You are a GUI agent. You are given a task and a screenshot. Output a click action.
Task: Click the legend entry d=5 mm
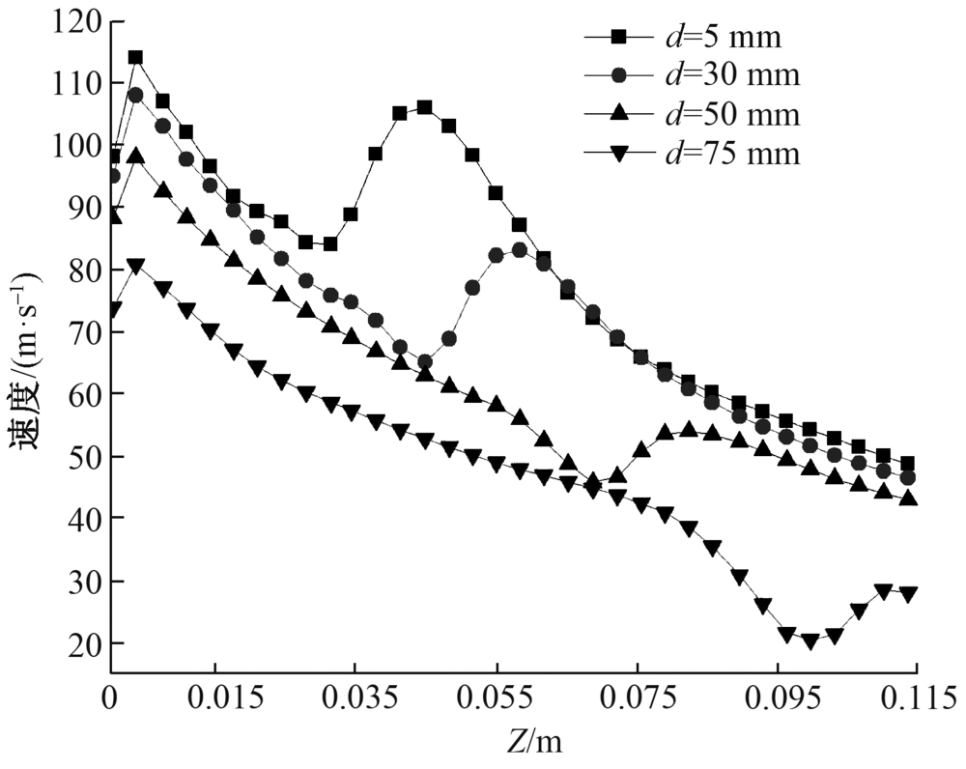click(x=690, y=39)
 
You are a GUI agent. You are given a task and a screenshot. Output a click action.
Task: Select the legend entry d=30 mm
click(x=690, y=76)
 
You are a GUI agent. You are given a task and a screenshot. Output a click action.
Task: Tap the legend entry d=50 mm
click(x=690, y=115)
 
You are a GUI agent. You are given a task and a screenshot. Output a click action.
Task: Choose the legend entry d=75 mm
click(x=690, y=154)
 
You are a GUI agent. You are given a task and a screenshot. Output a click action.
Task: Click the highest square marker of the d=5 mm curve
click(x=135, y=57)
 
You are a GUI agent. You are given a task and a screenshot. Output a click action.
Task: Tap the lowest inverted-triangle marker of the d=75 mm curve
click(x=810, y=641)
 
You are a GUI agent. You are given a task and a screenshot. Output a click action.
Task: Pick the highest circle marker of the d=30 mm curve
click(x=135, y=95)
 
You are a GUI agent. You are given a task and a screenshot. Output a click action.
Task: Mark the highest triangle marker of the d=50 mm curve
click(x=135, y=155)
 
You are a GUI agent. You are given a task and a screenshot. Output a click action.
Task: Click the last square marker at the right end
click(x=907, y=464)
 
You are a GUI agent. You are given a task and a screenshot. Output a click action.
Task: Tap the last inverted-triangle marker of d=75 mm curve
click(x=907, y=594)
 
